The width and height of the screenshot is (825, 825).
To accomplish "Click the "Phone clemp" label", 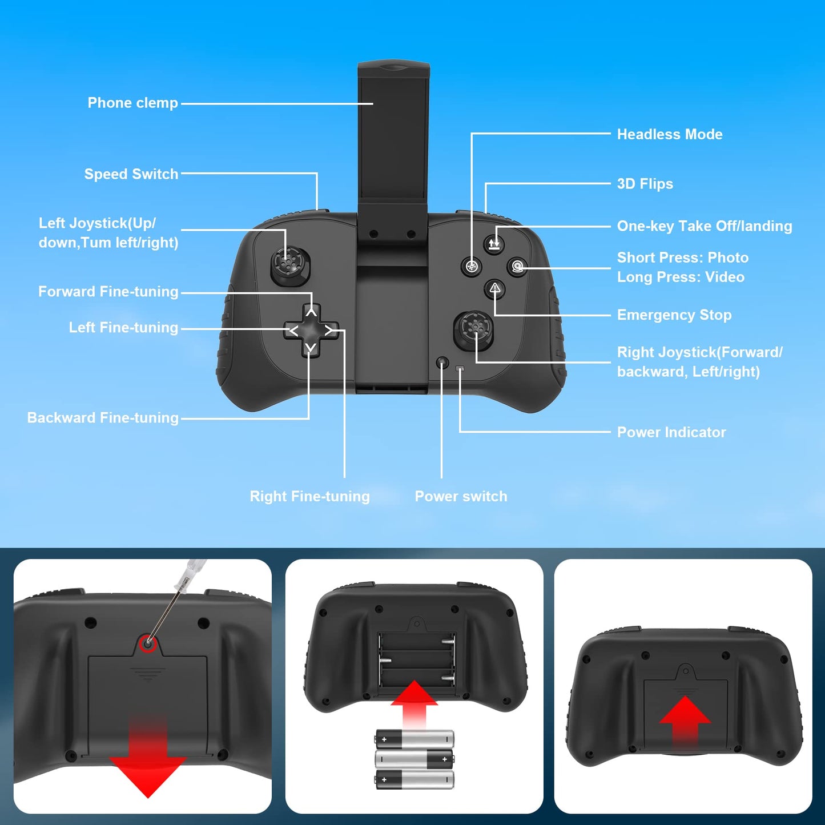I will point(132,103).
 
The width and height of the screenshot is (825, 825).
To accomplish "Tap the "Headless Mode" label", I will point(669,134).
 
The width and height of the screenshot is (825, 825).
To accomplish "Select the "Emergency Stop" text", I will point(674,315).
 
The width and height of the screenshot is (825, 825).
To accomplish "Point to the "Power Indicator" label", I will point(671,432).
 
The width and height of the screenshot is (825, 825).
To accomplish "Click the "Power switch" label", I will point(461,496).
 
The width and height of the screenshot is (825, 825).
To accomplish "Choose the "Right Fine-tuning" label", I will point(309,496).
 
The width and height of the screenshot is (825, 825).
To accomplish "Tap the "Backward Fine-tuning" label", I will point(103,418).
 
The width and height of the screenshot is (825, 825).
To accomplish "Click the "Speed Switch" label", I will point(131,174).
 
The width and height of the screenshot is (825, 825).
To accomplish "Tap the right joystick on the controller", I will point(473,329).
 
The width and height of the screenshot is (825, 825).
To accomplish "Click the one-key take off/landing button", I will point(494,244).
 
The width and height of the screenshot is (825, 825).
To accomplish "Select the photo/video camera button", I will point(517,267).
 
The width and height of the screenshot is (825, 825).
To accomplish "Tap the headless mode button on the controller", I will point(471,266).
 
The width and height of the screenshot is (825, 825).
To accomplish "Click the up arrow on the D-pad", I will point(311,312).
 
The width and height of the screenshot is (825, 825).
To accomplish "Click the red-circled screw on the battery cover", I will point(148,643).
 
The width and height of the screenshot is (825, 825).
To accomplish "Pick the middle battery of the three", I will point(414,759).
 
